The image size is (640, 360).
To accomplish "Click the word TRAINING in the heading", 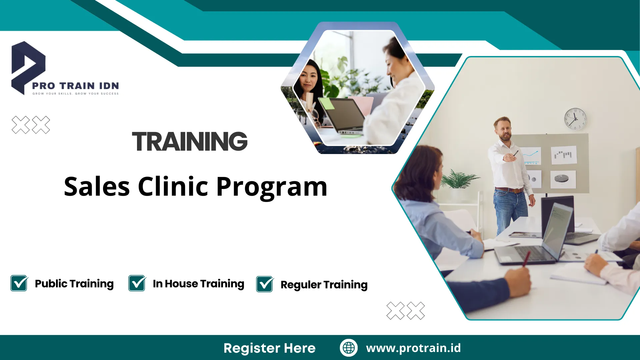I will [190, 141].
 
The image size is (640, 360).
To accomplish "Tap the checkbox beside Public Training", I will [19, 283].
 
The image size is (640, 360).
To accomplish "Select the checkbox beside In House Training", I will [137, 283].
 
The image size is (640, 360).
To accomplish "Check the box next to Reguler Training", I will [265, 284].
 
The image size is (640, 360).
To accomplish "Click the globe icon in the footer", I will [349, 348].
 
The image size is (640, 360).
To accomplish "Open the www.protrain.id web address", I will [413, 348].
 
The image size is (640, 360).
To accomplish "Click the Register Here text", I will [269, 348].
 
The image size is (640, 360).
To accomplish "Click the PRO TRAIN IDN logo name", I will [75, 86].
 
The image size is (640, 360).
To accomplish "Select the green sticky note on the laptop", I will [327, 104].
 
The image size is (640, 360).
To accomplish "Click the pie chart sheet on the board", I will [563, 179].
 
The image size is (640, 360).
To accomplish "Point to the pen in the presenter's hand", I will [515, 153].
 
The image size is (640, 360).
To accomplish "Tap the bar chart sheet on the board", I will [564, 155].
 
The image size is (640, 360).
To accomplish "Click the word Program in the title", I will [272, 187].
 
